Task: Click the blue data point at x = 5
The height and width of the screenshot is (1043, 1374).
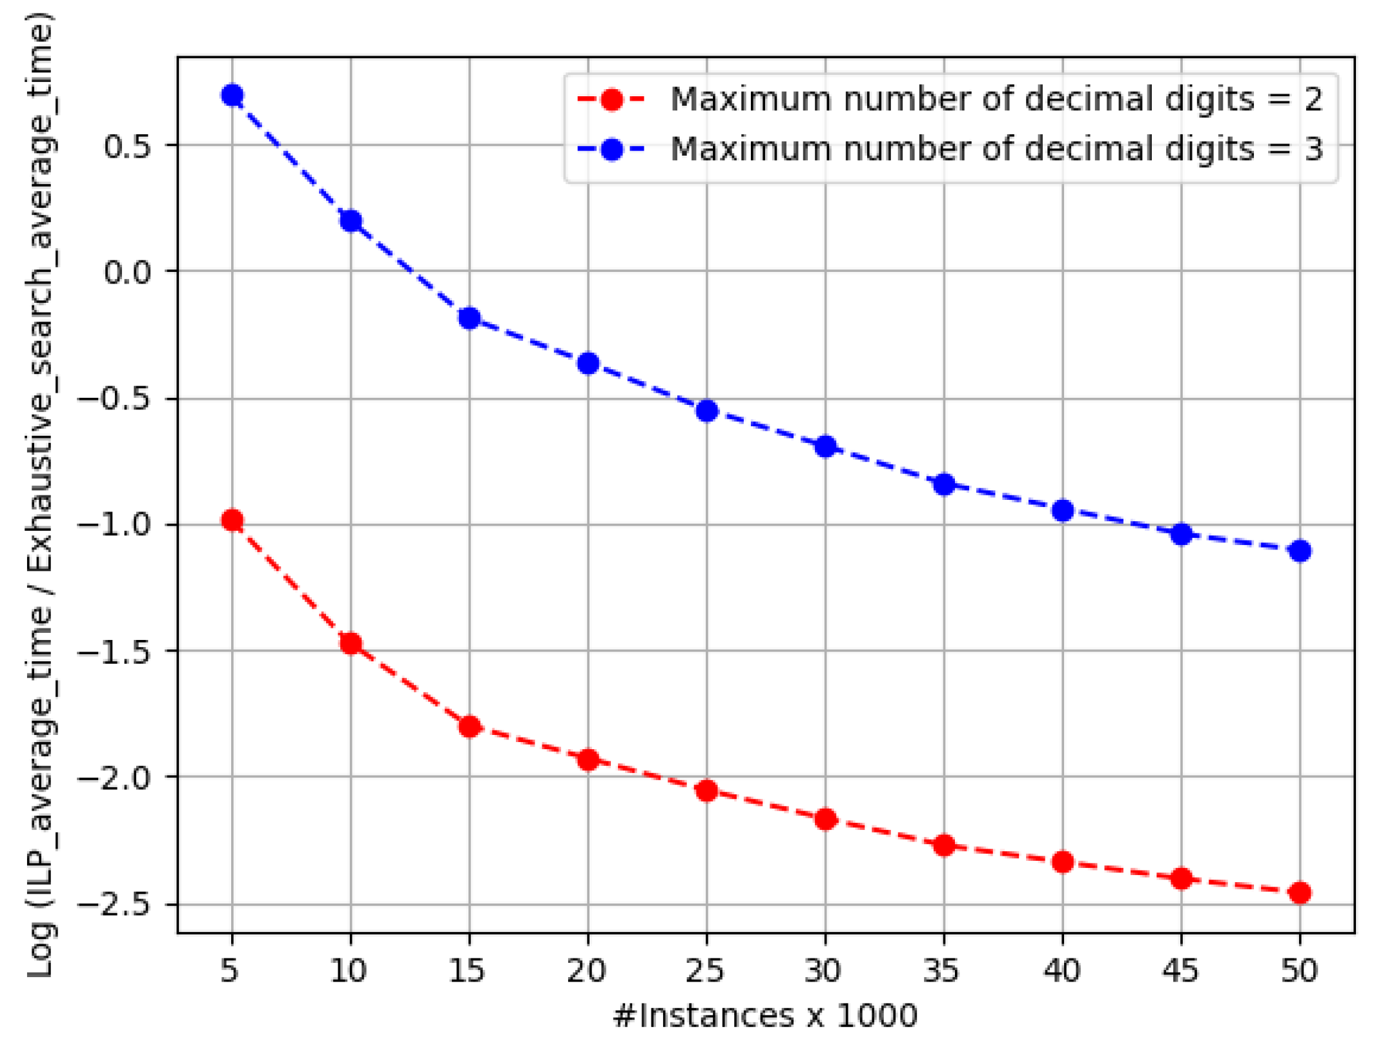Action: click(232, 96)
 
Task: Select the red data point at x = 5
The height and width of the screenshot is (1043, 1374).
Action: click(232, 521)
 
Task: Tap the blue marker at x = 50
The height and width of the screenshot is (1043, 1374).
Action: click(1300, 551)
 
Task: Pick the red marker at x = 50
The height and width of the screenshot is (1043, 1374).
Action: click(1300, 893)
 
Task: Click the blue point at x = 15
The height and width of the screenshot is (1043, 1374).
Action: click(469, 318)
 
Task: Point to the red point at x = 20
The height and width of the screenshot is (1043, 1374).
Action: click(588, 759)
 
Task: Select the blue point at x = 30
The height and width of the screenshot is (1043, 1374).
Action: click(826, 446)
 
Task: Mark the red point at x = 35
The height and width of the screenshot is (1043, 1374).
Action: click(945, 845)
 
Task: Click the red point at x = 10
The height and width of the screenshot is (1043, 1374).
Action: click(351, 643)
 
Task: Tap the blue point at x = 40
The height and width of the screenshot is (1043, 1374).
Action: click(1063, 511)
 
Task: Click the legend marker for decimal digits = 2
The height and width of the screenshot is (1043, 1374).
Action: click(611, 99)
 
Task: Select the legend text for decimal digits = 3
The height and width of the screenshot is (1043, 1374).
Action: click(996, 149)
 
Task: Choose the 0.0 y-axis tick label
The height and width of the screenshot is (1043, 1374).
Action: click(127, 272)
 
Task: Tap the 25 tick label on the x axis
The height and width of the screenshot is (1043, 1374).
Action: click(705, 971)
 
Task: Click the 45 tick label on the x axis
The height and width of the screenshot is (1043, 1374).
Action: click(1180, 971)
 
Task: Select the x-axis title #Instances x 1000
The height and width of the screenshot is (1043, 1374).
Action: click(765, 1015)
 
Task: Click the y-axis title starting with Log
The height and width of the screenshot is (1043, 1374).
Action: click(40, 494)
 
